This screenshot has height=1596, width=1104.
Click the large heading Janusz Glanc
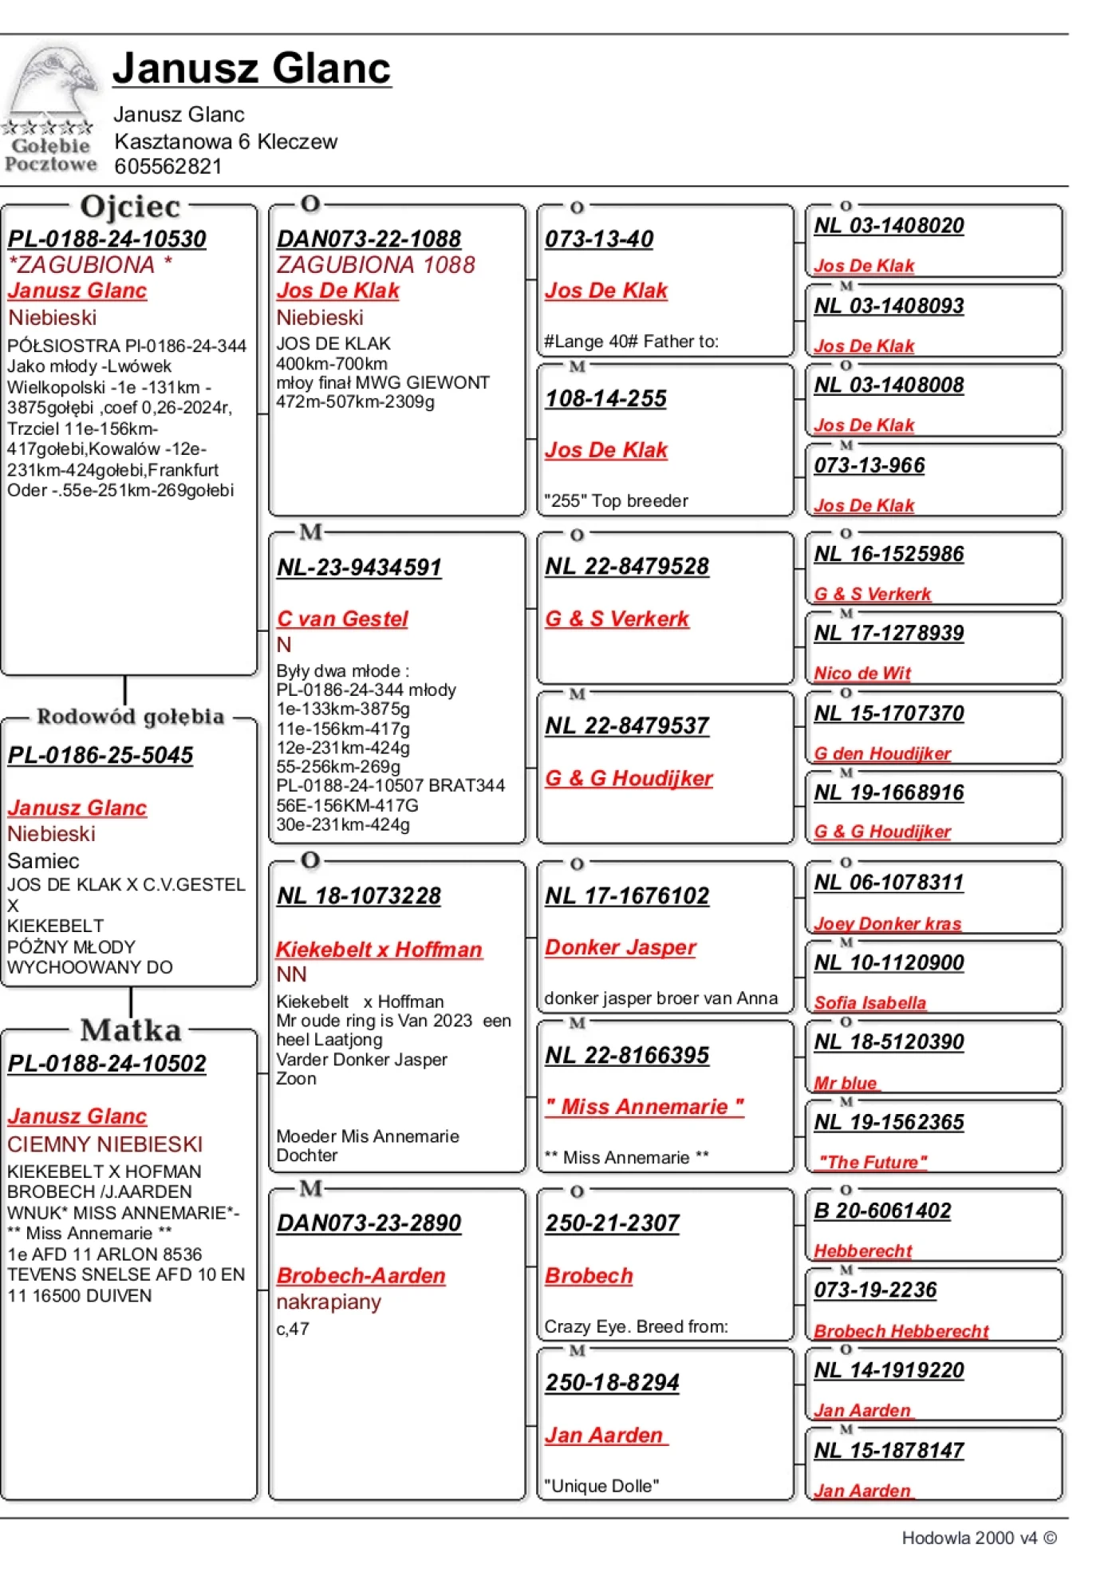coord(251,68)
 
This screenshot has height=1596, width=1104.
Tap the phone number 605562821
coord(168,167)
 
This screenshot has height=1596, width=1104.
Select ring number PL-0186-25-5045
coord(101,755)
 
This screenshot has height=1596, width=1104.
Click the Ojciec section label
coord(130,207)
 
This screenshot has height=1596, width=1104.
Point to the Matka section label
coord(131,1029)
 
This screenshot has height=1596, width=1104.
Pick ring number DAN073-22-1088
coord(369,239)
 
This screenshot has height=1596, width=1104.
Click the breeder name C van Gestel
coord(342,618)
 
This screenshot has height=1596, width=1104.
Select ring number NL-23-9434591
coord(359,567)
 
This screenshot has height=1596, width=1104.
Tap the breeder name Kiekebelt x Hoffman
coord(379,949)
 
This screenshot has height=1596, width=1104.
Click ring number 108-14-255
coord(605,398)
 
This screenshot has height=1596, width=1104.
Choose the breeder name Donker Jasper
coord(620,947)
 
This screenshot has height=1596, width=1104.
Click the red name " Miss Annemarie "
coord(645,1107)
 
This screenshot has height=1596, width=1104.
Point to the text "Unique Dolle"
coord(601,1486)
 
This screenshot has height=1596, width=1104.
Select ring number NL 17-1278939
coord(889,634)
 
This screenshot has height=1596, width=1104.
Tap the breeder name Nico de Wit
coord(862,674)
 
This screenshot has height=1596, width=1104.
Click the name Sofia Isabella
coord(869,1003)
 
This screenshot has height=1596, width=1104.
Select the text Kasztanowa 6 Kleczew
coord(226,142)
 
